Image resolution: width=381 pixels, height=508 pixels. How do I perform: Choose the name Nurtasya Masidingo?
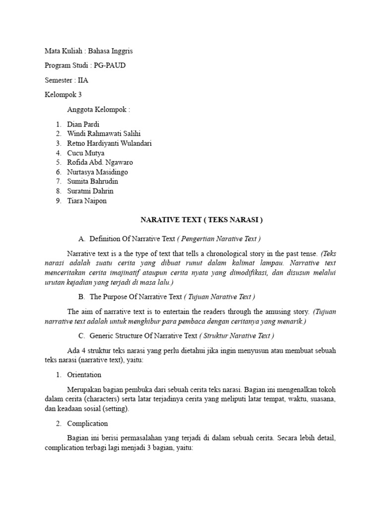coord(97,172)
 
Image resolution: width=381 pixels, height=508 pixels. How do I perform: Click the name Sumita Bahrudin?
coord(93,182)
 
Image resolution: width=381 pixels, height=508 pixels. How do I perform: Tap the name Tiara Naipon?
coord(87,201)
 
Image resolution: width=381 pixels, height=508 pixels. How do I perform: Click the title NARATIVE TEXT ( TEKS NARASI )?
coord(201,220)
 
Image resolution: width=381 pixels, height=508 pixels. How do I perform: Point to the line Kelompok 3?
coord(63,95)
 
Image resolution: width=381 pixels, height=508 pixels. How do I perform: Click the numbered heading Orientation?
coord(84,375)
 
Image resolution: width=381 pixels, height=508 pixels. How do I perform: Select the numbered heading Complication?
coord(87,424)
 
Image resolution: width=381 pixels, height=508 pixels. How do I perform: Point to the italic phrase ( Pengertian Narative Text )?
coord(219,239)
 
